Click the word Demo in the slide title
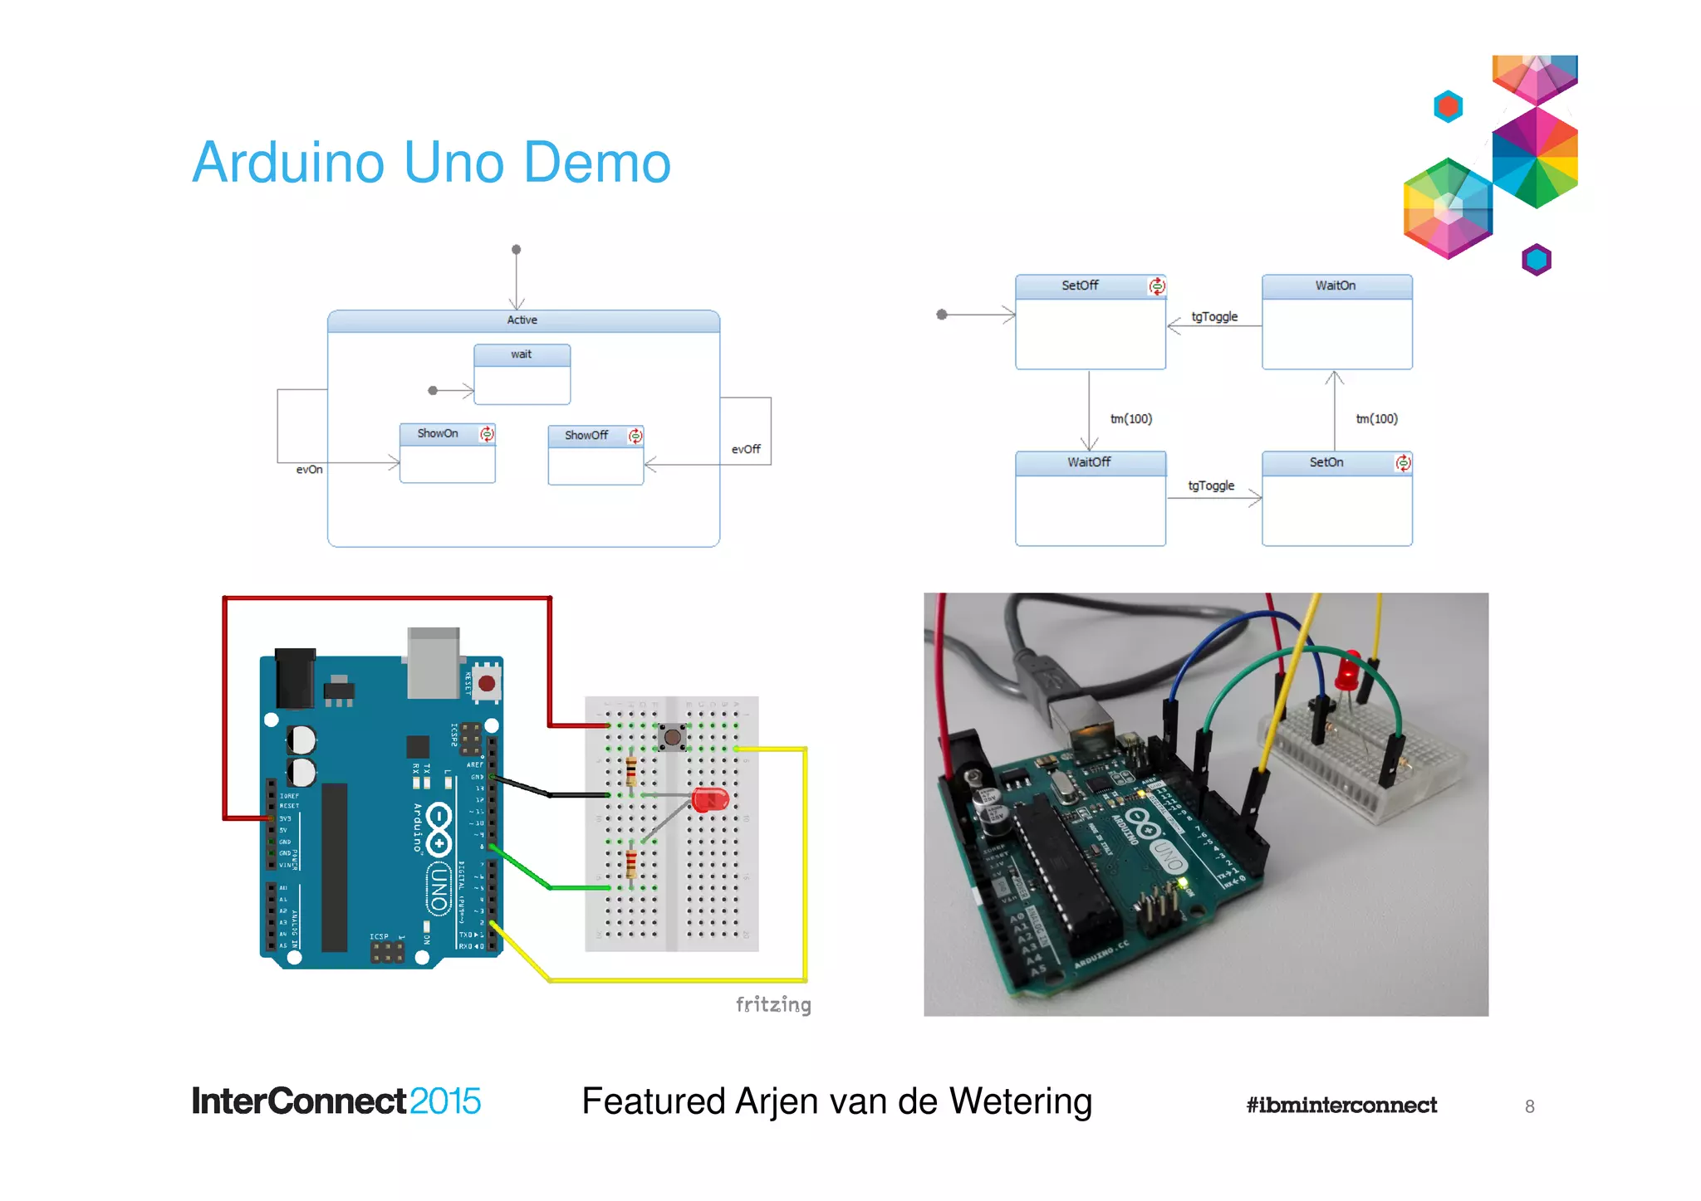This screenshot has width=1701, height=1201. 596,163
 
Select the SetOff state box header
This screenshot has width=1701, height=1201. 1080,286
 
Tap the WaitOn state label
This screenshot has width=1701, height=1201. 1335,286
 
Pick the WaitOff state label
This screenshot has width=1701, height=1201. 1089,462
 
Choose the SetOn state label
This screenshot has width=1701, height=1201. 1326,462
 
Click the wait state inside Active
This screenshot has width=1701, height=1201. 521,354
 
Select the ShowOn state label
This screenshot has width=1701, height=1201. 438,433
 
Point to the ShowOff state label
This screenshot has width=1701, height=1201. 586,435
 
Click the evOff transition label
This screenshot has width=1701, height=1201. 746,449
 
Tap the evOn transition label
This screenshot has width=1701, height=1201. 309,469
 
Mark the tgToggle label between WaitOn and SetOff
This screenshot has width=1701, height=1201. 1214,316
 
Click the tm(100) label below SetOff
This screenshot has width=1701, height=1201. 1131,418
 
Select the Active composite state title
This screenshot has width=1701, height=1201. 522,320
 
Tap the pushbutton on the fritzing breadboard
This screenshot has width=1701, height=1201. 672,736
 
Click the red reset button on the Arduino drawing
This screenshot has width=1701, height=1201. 487,683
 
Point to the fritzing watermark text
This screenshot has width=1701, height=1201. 773,1004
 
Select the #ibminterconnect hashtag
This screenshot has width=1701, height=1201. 1341,1105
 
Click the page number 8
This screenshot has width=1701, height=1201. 1529,1106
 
